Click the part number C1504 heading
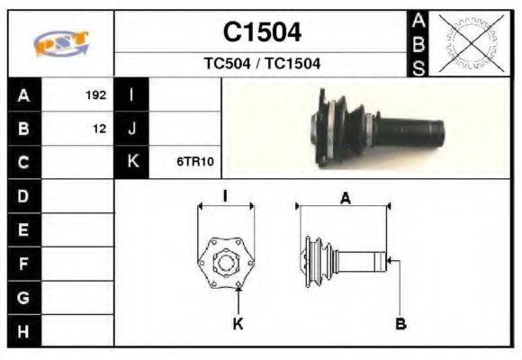coord(262,32)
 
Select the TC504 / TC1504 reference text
coord(262,64)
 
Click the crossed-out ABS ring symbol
coord(468,43)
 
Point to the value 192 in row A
coord(95,94)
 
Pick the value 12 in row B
coord(99,129)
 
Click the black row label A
coord(23,94)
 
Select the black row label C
coord(23,163)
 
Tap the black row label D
coord(23,196)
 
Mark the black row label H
coord(23,331)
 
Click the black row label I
coord(132,94)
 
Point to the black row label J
coord(132,129)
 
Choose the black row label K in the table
coord(132,163)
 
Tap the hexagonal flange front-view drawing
coord(224,262)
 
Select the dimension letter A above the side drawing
coord(345,199)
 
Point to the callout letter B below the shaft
coord(401,323)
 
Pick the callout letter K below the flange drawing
coord(238,323)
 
